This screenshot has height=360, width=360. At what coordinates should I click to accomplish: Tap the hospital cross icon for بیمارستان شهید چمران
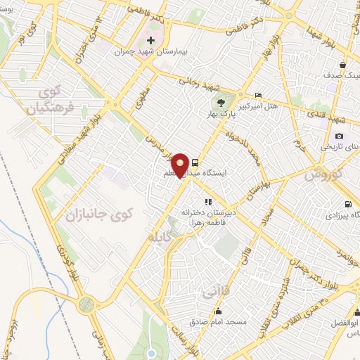click(x=151, y=41)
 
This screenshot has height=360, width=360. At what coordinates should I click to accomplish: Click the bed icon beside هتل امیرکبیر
click(x=259, y=95)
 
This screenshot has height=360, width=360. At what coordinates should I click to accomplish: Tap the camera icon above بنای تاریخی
click(x=339, y=136)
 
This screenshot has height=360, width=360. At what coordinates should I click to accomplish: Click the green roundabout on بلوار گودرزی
click(x=86, y=304)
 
